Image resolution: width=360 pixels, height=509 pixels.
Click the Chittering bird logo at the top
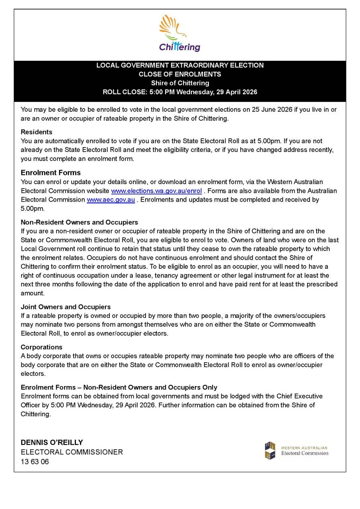(x=179, y=33)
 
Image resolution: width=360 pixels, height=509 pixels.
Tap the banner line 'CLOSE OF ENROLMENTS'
(x=180, y=74)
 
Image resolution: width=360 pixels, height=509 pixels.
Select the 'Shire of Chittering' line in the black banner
(x=180, y=83)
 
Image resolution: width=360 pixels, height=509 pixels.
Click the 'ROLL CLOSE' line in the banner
(x=180, y=92)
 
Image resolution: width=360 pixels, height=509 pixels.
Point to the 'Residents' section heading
(x=36, y=132)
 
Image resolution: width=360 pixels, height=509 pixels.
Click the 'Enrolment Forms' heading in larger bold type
(x=51, y=173)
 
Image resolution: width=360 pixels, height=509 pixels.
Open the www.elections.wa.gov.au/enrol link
(x=156, y=191)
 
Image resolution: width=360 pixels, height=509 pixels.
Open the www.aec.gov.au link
(x=111, y=200)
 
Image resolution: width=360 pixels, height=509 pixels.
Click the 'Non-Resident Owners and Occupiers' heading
(x=79, y=222)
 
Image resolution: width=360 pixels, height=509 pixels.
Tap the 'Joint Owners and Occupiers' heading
(x=66, y=307)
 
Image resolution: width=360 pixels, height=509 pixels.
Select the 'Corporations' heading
(x=41, y=347)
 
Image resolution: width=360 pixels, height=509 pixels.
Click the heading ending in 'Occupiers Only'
(x=119, y=387)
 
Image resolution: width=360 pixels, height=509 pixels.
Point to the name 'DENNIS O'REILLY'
(x=52, y=443)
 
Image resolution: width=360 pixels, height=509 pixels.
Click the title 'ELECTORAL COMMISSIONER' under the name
(x=72, y=452)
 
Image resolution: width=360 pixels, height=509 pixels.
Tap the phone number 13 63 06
(x=35, y=462)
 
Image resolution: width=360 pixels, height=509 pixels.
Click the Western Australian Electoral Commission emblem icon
(x=270, y=451)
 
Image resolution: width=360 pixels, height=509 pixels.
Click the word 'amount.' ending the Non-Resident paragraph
(x=32, y=293)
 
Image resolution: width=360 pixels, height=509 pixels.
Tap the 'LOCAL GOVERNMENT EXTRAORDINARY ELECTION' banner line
(x=180, y=65)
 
